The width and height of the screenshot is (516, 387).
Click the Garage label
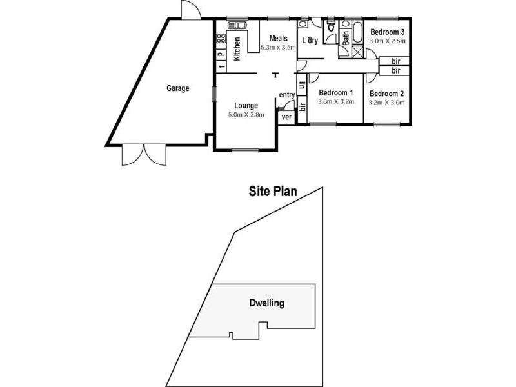coord(177,89)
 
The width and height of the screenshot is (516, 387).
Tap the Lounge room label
coord(246,106)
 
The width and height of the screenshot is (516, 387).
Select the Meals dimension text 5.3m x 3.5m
coord(278,48)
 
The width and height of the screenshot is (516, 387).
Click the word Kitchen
coord(237,49)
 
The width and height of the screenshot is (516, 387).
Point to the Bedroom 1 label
coord(336,92)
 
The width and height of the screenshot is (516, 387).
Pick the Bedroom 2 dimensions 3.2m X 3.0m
coord(386,102)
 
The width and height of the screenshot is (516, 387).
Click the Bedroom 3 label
coord(387,32)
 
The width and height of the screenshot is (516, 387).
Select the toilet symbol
coord(332,26)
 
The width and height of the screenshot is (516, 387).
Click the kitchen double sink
coord(237,25)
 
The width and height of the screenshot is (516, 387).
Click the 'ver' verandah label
coord(286,117)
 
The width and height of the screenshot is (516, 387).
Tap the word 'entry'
coord(287,95)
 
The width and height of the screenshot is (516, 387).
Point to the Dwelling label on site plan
coord(266,303)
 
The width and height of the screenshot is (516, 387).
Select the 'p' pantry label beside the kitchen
coord(220,55)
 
